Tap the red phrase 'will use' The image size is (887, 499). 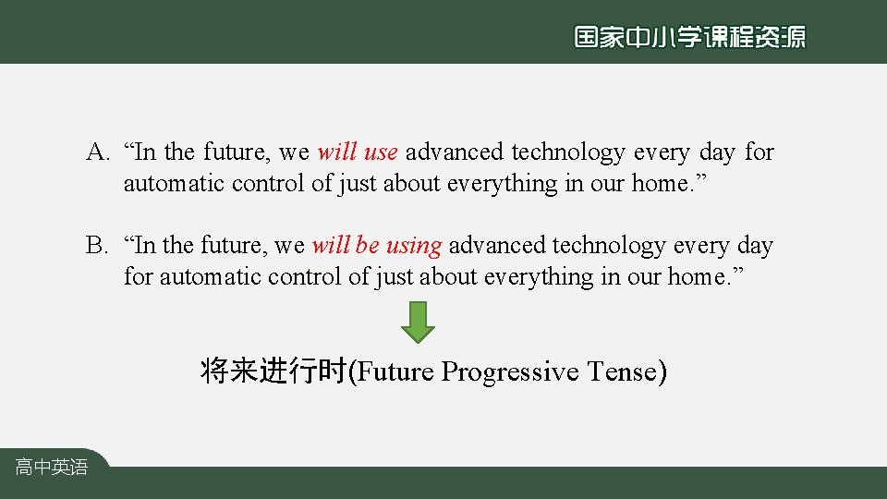click(357, 152)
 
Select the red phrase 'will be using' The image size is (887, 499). click(376, 246)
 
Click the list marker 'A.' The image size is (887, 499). click(99, 152)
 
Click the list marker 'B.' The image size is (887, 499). click(98, 246)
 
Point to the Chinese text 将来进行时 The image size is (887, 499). click(273, 371)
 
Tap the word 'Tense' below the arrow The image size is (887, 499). click(622, 371)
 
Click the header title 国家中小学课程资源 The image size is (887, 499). click(689, 37)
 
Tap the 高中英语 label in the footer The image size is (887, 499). click(51, 468)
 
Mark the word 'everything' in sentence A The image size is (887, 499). click(502, 183)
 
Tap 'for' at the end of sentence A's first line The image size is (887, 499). click(759, 152)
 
